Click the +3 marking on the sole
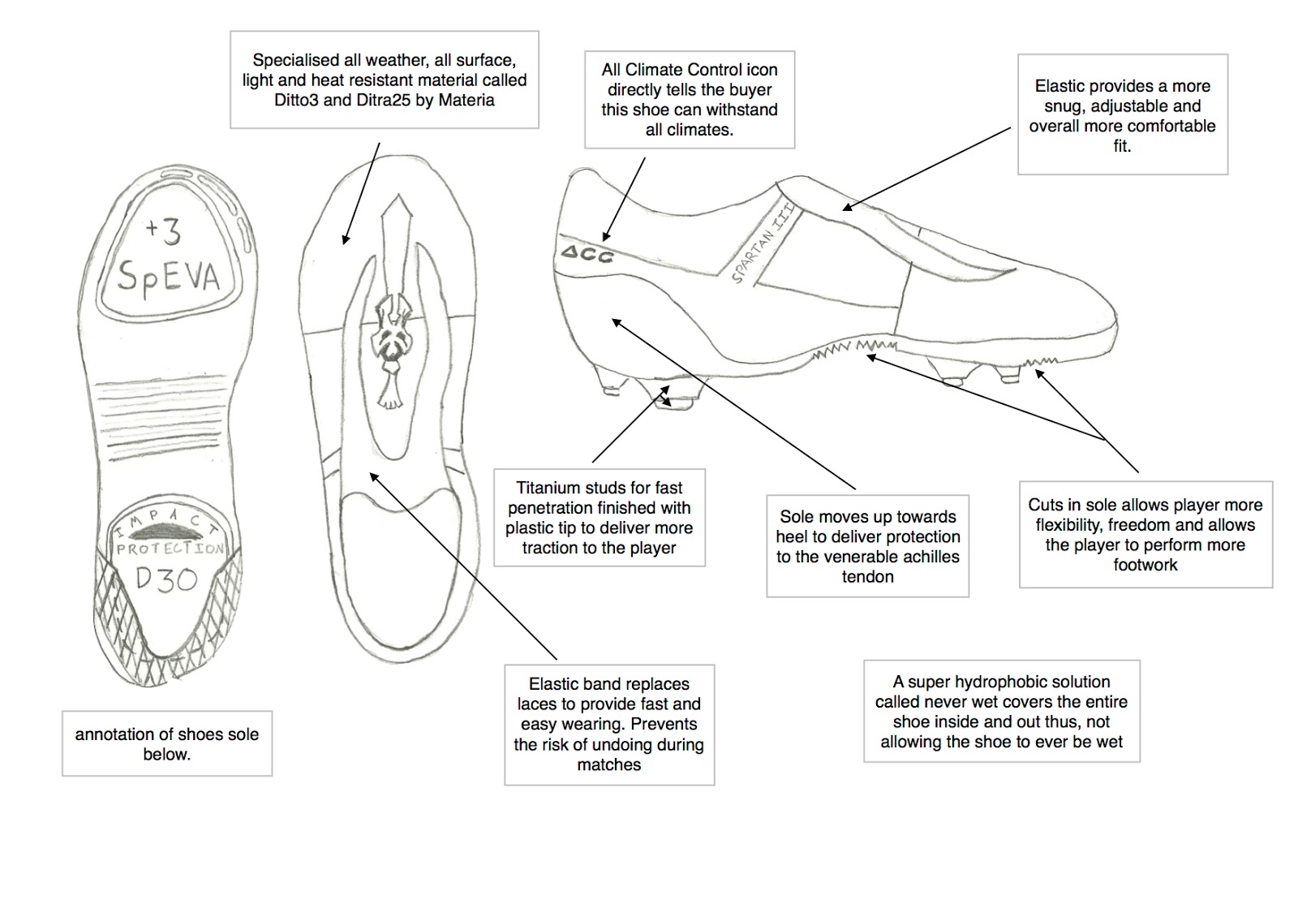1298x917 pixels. (x=163, y=231)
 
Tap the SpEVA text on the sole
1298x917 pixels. (x=168, y=276)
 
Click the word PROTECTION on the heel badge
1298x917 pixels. (x=170, y=549)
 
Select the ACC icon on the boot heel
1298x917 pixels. (x=587, y=254)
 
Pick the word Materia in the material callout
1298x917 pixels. (x=466, y=101)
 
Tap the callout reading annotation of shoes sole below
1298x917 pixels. (x=167, y=743)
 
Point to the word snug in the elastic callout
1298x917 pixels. (x=1062, y=106)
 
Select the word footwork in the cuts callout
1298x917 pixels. (x=1145, y=565)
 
